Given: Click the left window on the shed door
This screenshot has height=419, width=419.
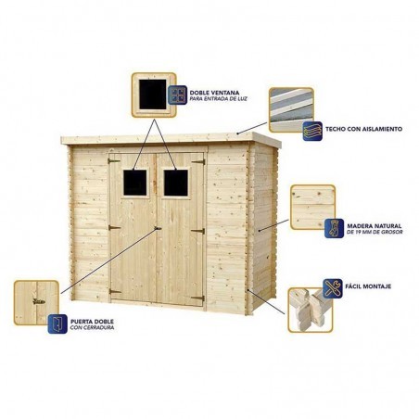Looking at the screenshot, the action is click(x=135, y=183).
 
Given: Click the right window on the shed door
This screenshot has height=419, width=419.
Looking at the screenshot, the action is click(x=175, y=183).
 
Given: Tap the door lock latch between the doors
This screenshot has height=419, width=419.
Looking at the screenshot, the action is click(x=158, y=228).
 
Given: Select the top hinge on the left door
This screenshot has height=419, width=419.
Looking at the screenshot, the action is click(x=114, y=160).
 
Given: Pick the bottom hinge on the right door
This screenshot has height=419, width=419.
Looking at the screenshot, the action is click(x=198, y=298).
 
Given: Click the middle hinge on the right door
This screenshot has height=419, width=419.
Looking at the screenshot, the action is click(x=198, y=231).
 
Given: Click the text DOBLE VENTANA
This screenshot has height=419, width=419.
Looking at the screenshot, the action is click(x=214, y=93).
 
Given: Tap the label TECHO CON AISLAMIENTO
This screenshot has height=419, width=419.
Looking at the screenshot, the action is click(x=363, y=129).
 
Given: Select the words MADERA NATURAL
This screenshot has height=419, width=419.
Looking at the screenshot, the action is click(x=375, y=226).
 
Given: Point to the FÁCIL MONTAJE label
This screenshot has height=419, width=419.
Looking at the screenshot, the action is click(x=368, y=286).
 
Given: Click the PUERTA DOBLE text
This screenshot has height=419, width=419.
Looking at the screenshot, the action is click(x=92, y=322).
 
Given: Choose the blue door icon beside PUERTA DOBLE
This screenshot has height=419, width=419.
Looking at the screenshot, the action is click(x=57, y=324).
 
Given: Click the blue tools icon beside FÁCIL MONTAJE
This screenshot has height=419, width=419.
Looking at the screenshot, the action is click(x=333, y=288).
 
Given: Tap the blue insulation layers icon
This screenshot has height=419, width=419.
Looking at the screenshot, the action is click(x=312, y=131).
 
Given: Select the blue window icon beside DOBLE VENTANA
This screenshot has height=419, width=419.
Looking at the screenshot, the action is click(x=178, y=95).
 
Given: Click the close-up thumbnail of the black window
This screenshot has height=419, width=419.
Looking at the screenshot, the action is click(x=154, y=95).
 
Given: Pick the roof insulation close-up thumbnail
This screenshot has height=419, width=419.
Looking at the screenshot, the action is click(x=291, y=110).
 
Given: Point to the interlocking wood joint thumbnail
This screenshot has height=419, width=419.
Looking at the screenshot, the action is click(x=311, y=311).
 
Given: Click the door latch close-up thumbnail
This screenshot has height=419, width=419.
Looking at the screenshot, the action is click(x=36, y=303).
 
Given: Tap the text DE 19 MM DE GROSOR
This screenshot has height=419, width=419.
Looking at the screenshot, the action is click(x=375, y=232).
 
